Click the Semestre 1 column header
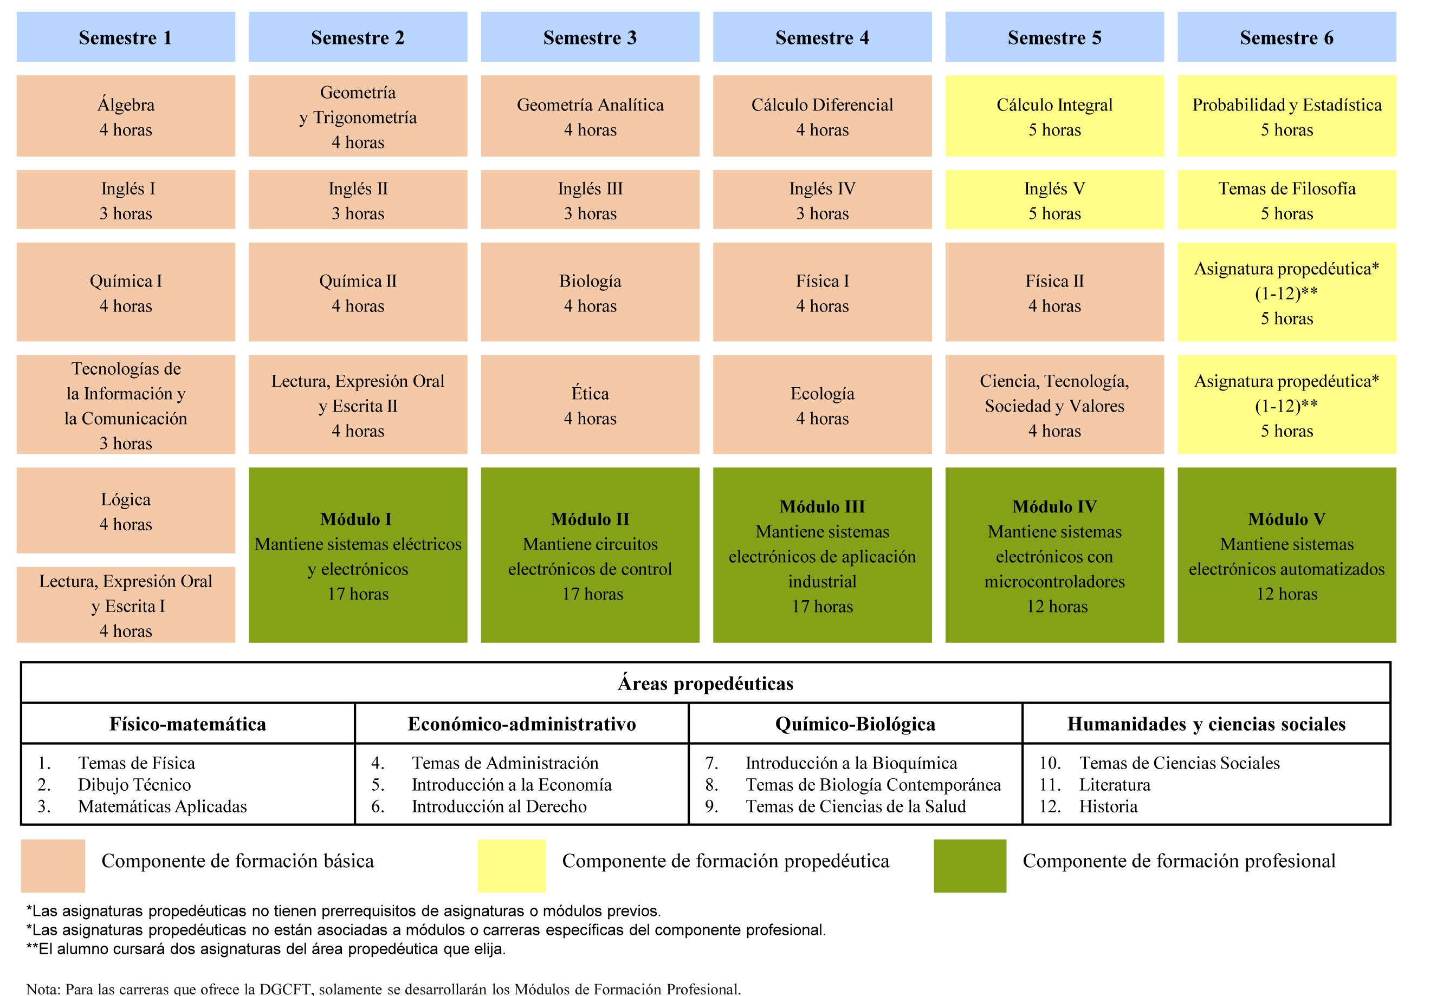point(125,37)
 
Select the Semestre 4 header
point(821,37)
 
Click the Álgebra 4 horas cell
point(125,116)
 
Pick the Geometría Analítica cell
point(590,116)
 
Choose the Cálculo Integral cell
point(1054,116)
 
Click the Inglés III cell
point(590,200)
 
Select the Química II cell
point(358,292)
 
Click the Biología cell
point(590,292)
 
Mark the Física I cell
point(821,292)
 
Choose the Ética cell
point(590,405)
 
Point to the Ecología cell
point(821,405)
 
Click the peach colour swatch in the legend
point(53,866)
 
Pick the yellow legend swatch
point(512,866)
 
